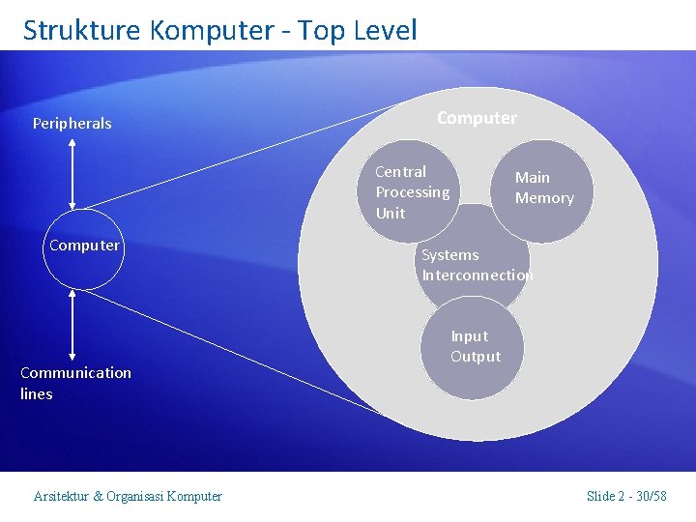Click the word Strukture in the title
[82, 30]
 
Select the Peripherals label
[72, 124]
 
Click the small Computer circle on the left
[84, 246]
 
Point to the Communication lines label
[74, 383]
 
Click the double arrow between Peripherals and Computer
[73, 171]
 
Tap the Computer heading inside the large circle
[477, 118]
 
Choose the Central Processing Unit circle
[411, 191]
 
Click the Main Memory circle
[544, 188]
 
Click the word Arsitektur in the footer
[61, 497]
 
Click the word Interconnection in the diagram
[477, 275]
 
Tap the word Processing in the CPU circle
[412, 192]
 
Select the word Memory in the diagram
[544, 198]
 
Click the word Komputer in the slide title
[212, 30]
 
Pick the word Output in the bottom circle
[476, 357]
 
